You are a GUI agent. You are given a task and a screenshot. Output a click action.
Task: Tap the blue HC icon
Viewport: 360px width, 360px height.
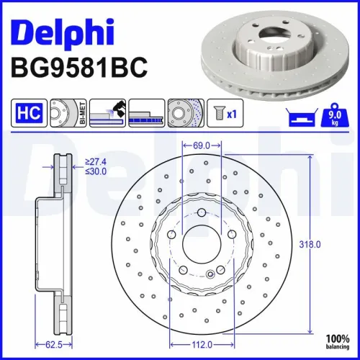click(x=25, y=113)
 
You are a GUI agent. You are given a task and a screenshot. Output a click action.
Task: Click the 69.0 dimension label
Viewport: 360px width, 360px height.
click(x=200, y=146)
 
